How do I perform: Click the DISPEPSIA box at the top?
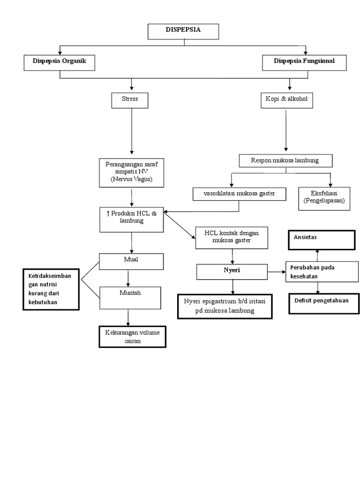[183, 31]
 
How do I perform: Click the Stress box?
[130, 100]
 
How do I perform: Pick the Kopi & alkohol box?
[286, 100]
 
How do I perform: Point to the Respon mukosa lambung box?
[285, 161]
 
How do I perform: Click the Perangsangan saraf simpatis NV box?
[131, 172]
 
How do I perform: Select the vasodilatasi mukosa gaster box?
[240, 194]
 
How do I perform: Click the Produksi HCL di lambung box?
[131, 219]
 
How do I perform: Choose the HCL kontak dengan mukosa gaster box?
[232, 237]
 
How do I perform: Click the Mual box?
[131, 262]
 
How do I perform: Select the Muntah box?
[130, 297]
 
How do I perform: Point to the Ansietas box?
[321, 240]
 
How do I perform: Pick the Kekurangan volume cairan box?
[133, 337]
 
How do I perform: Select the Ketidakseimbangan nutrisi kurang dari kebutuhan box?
[51, 289]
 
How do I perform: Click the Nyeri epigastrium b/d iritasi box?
[225, 306]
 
